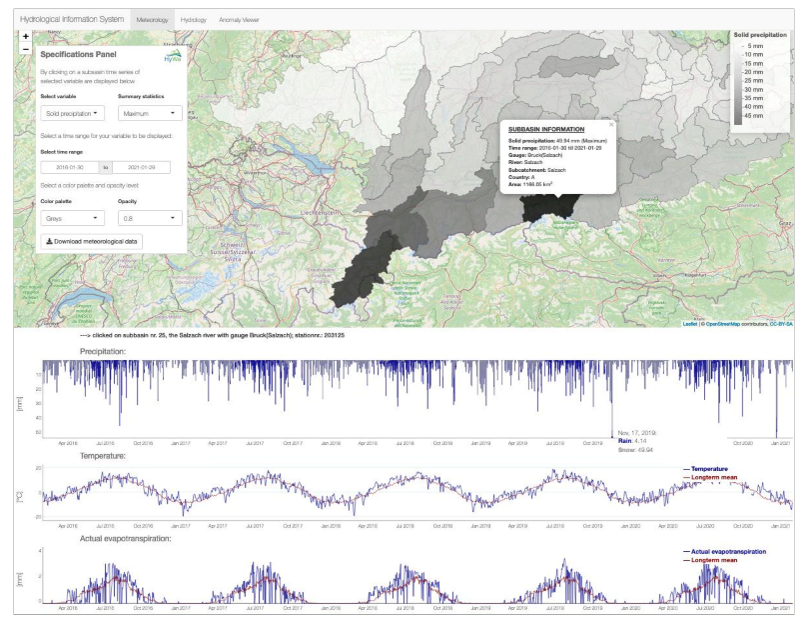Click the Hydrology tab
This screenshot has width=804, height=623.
(x=193, y=19)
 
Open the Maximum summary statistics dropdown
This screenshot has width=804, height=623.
(x=149, y=114)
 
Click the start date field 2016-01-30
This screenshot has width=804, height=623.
(x=72, y=166)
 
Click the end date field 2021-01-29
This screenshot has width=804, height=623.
(x=141, y=166)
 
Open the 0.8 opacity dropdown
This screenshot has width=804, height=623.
(x=149, y=217)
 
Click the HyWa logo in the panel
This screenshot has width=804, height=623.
(x=173, y=58)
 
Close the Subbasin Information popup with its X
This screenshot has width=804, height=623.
(x=611, y=125)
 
